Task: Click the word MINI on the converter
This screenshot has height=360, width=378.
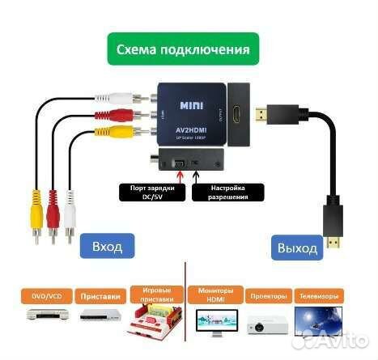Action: [191, 105]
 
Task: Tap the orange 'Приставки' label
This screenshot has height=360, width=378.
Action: [101, 296]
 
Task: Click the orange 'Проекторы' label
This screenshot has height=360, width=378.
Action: [266, 296]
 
